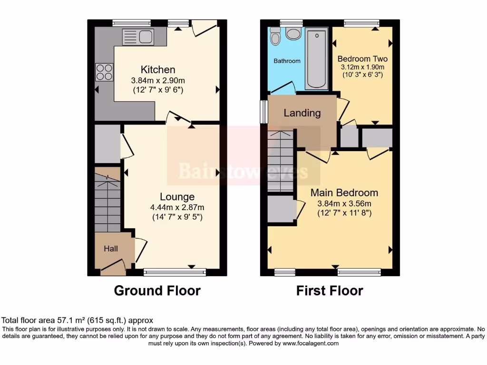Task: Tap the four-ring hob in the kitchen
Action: [x=104, y=72]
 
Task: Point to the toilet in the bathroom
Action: [x=275, y=36]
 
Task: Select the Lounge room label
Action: [x=177, y=197]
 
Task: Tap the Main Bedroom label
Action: [x=344, y=192]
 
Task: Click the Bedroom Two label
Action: [x=362, y=59]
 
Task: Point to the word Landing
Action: [x=302, y=113]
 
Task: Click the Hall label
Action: [x=111, y=249]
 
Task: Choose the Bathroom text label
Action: [x=287, y=61]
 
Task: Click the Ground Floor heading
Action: [x=157, y=290]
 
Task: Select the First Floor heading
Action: [x=330, y=290]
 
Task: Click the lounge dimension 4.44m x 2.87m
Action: [x=177, y=207]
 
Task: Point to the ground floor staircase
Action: [x=107, y=200]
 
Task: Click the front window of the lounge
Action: [x=175, y=272]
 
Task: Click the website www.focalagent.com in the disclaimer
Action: [x=311, y=343]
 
